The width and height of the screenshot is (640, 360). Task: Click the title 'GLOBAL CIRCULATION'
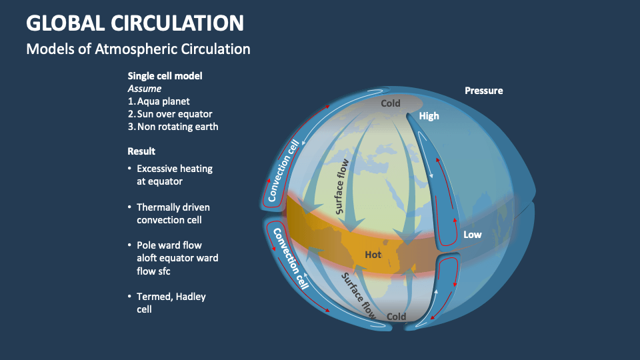click(135, 23)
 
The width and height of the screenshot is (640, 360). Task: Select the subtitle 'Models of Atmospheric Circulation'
click(138, 49)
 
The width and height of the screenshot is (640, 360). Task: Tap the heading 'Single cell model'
click(165, 76)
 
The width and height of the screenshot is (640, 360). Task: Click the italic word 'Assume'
click(144, 89)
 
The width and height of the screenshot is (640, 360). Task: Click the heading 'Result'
click(141, 151)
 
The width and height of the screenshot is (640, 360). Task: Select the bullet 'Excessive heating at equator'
click(174, 175)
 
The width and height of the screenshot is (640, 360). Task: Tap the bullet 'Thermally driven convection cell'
click(173, 213)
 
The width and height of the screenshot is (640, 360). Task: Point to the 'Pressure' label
click(483, 91)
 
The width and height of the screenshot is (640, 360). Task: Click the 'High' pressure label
click(429, 116)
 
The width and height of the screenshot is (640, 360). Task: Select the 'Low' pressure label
click(472, 235)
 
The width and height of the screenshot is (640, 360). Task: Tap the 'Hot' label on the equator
click(374, 255)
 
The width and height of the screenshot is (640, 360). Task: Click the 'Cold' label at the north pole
click(390, 103)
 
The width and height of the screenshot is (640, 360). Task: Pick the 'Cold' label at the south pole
click(396, 317)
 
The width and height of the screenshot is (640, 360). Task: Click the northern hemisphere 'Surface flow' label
click(346, 185)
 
